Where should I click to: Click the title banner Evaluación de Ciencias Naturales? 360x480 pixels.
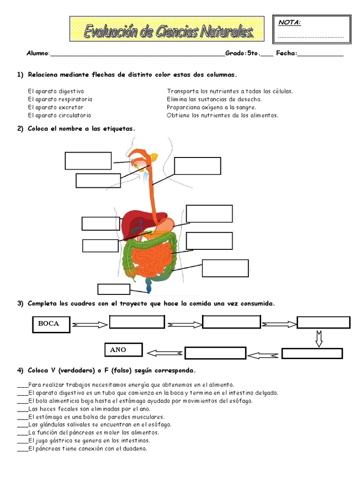click(x=167, y=29)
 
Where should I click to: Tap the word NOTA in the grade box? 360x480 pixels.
click(x=290, y=22)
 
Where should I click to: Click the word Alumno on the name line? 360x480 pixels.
click(x=37, y=53)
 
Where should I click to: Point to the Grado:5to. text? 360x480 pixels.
click(x=242, y=53)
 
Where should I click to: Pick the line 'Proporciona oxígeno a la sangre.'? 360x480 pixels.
click(x=211, y=107)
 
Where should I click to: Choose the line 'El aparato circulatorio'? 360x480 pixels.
click(x=60, y=115)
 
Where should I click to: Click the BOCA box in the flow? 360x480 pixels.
click(x=52, y=324)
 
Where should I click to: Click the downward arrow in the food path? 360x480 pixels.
click(x=319, y=338)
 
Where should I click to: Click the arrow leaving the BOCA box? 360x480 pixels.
click(x=90, y=324)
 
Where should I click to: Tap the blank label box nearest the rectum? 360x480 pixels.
click(x=113, y=289)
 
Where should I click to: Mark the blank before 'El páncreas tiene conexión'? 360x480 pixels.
click(x=22, y=449)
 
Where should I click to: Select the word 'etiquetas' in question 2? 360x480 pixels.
click(x=119, y=128)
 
